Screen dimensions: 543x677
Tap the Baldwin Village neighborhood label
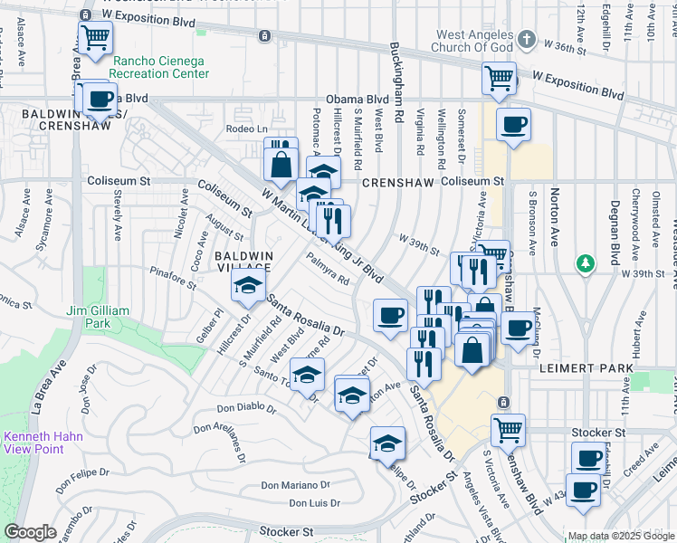pos(243,262)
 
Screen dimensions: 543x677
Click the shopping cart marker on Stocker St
pos(508,428)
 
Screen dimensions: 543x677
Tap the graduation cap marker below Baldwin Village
pos(246,287)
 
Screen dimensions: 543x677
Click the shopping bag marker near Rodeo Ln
pos(281,163)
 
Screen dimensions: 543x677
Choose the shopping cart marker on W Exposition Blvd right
pos(499,78)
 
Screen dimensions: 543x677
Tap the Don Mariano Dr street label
pos(293,486)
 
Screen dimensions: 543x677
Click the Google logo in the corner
pos(30,532)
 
